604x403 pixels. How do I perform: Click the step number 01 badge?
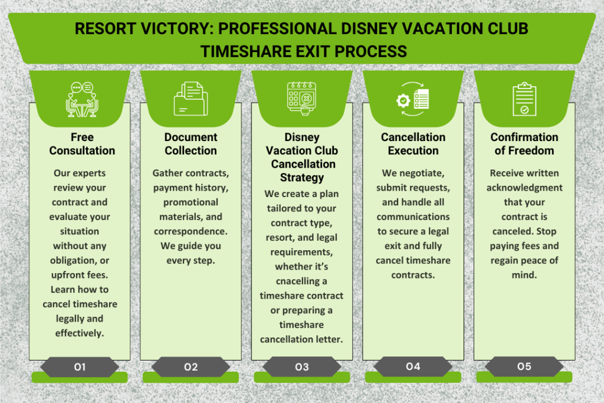(80, 367)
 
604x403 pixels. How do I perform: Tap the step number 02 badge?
(191, 367)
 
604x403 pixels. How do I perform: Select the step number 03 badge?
(301, 367)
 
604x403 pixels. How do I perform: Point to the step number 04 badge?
(413, 366)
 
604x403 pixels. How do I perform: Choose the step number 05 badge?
(524, 366)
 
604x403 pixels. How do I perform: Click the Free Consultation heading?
(82, 144)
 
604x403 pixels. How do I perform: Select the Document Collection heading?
(191, 144)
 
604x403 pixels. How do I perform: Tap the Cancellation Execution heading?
(413, 144)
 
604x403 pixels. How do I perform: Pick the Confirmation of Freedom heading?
(524, 144)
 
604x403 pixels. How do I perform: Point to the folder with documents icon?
(190, 99)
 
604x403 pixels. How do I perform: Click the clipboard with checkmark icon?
(524, 99)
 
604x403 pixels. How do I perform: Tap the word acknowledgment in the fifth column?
(524, 188)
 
